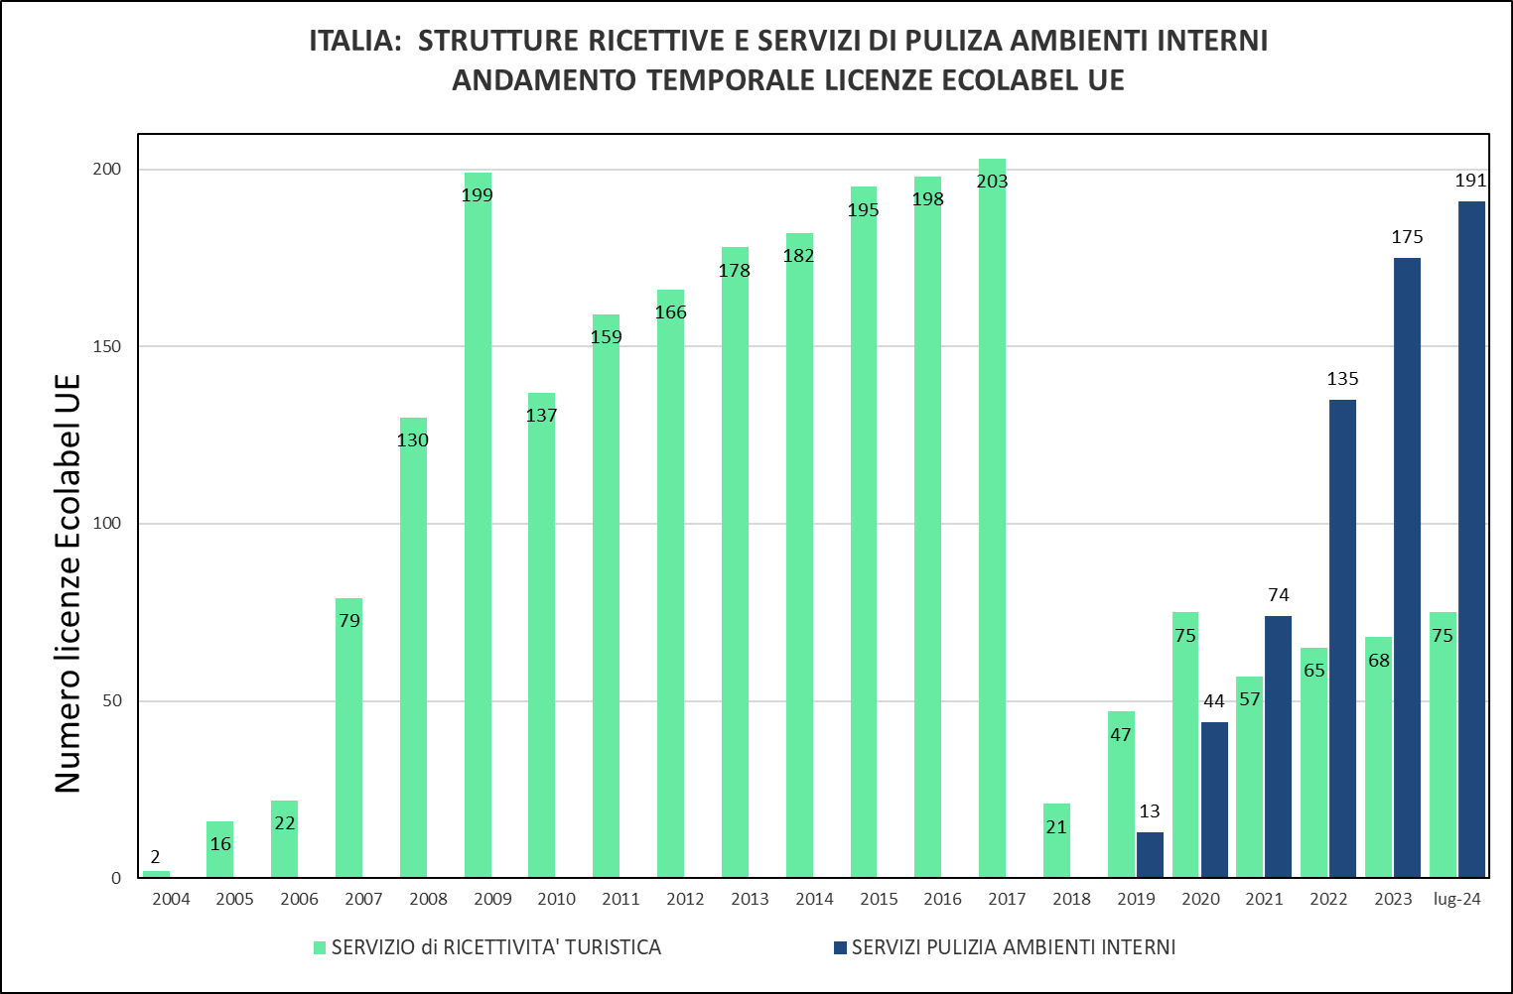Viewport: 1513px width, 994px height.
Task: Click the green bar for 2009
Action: click(x=478, y=526)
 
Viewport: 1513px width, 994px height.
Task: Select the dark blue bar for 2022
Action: click(x=1342, y=639)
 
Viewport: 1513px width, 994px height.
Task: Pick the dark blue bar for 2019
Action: click(x=1150, y=855)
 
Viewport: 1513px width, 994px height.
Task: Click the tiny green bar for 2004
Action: click(x=156, y=874)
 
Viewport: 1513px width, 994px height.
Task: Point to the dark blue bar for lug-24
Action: click(x=1471, y=540)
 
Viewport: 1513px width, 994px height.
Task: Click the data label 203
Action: click(x=992, y=182)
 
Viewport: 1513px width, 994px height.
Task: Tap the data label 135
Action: click(x=1342, y=379)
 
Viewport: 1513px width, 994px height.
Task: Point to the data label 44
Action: click(x=1214, y=701)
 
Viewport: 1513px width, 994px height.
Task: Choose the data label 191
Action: click(x=1470, y=181)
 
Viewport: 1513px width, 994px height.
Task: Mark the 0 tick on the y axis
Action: click(x=116, y=878)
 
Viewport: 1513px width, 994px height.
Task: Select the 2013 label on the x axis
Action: click(x=750, y=900)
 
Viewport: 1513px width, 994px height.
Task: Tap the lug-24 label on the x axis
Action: click(x=1457, y=900)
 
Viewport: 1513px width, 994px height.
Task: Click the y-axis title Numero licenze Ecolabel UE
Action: click(x=68, y=583)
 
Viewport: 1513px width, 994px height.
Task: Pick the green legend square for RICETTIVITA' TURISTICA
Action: click(x=320, y=947)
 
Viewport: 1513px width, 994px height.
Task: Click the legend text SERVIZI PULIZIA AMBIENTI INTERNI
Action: click(x=1014, y=947)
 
